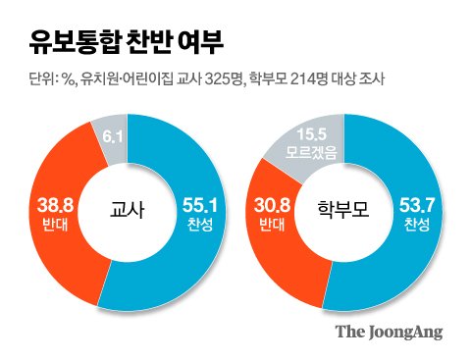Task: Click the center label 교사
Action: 126,210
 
